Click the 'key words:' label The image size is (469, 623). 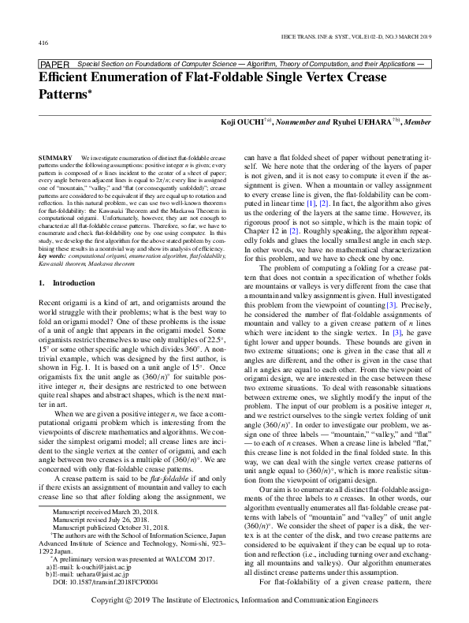click(53, 235)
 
